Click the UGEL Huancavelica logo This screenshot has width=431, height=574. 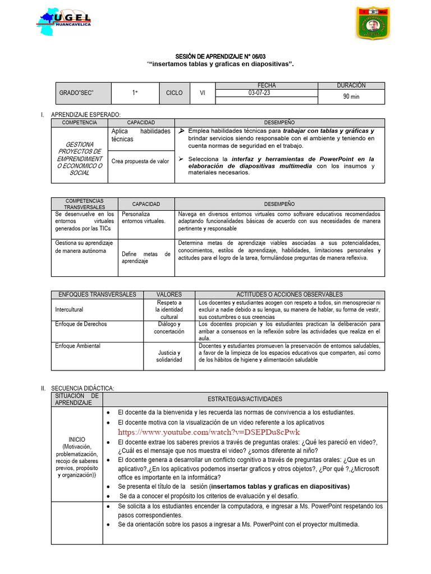64,22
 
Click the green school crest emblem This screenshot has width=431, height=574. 372,23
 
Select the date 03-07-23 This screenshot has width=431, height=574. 259,93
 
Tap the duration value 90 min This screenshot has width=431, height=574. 351,96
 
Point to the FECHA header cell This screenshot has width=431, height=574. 267,85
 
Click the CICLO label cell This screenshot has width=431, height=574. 174,93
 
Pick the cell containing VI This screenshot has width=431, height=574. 203,93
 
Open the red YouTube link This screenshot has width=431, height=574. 209,432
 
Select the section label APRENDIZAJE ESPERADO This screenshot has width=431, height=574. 85,114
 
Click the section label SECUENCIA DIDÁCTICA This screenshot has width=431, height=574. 82,388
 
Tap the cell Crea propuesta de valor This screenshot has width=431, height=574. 140,161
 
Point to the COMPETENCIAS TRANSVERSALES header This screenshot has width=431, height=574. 85,204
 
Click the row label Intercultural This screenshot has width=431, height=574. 69,309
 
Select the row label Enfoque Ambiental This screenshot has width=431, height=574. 77,346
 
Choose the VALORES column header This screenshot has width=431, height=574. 169,294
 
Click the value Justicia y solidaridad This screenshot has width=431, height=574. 169,356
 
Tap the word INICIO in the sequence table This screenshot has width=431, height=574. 77,439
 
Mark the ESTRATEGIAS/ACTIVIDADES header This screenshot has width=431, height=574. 245,399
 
